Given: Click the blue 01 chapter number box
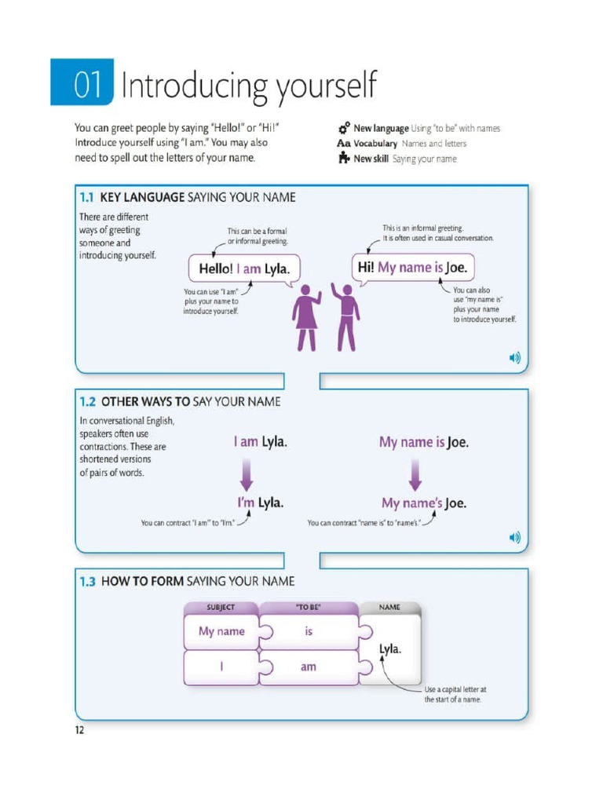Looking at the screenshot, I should point(82,82).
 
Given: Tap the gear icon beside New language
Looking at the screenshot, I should point(343,128).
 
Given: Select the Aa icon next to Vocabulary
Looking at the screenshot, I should point(343,144).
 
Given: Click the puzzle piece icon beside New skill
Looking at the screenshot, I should point(343,159).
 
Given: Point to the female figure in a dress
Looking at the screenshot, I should point(306,317).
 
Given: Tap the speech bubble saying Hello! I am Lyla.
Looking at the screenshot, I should point(244,269).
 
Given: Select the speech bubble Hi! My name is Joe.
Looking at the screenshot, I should point(412,267).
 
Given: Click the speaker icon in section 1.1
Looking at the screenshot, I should point(514,358).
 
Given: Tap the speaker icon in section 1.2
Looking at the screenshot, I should point(514,538).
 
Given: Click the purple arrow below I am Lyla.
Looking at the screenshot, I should point(246,473).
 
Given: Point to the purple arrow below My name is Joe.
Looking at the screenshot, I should point(415,473).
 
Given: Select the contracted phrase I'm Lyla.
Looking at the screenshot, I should point(261,502).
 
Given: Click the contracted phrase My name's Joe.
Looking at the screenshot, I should point(424,502).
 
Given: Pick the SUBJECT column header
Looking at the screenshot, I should point(220,607).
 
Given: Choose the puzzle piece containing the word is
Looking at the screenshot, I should point(309,632).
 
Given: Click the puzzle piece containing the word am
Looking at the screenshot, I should point(309,667).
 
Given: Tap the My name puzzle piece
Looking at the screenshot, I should point(221,632).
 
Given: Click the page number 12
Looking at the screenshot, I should point(79,731).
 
